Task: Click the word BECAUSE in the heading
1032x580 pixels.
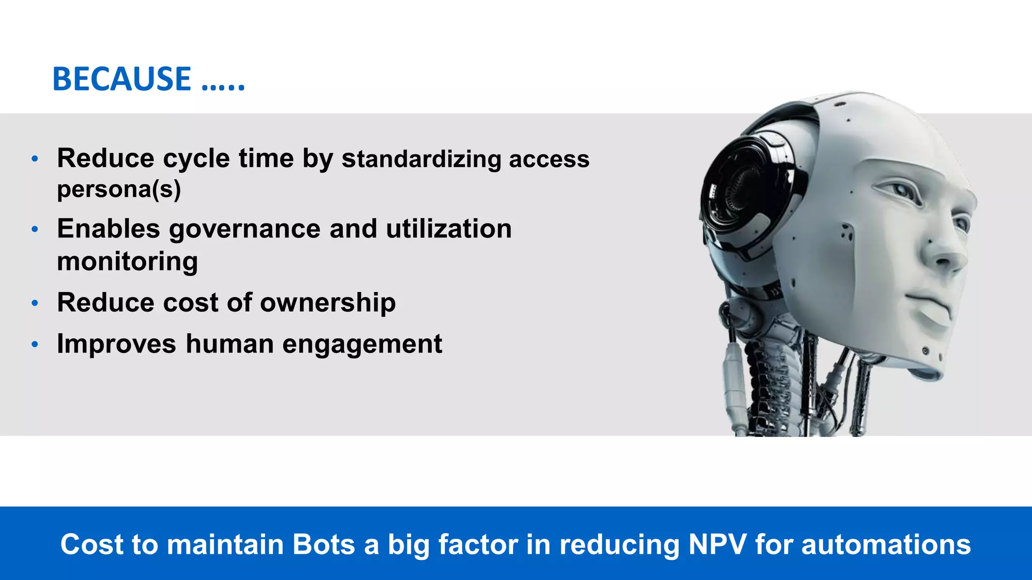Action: click(x=121, y=80)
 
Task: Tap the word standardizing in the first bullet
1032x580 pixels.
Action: click(x=421, y=159)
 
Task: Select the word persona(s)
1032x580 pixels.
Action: click(x=119, y=189)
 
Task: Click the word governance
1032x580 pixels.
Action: click(x=244, y=229)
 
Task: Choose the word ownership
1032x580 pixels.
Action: click(x=328, y=303)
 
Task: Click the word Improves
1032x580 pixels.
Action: click(x=116, y=344)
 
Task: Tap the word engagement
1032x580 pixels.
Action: click(x=362, y=344)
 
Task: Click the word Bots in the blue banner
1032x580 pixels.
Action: click(x=324, y=544)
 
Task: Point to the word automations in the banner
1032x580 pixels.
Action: click(x=886, y=544)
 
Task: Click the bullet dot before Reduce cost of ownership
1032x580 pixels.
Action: click(x=35, y=303)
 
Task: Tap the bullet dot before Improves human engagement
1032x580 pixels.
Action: click(x=35, y=345)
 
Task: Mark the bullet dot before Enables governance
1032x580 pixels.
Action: click(x=35, y=230)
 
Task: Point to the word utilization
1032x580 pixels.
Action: click(x=448, y=229)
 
